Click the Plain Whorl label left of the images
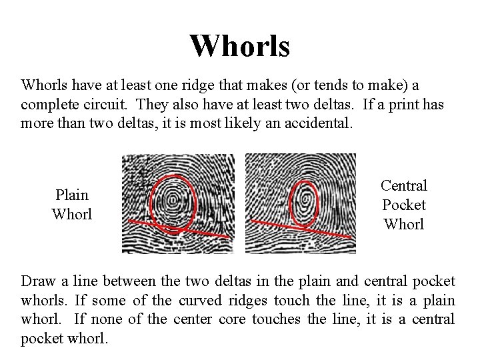tap(71, 204)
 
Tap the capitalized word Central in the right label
tap(404, 185)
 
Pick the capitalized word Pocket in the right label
tap(404, 205)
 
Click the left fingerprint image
tap(178, 203)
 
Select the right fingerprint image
tap(300, 203)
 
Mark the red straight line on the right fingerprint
tap(320, 231)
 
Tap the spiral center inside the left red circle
tap(173, 198)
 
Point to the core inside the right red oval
tap(305, 198)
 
